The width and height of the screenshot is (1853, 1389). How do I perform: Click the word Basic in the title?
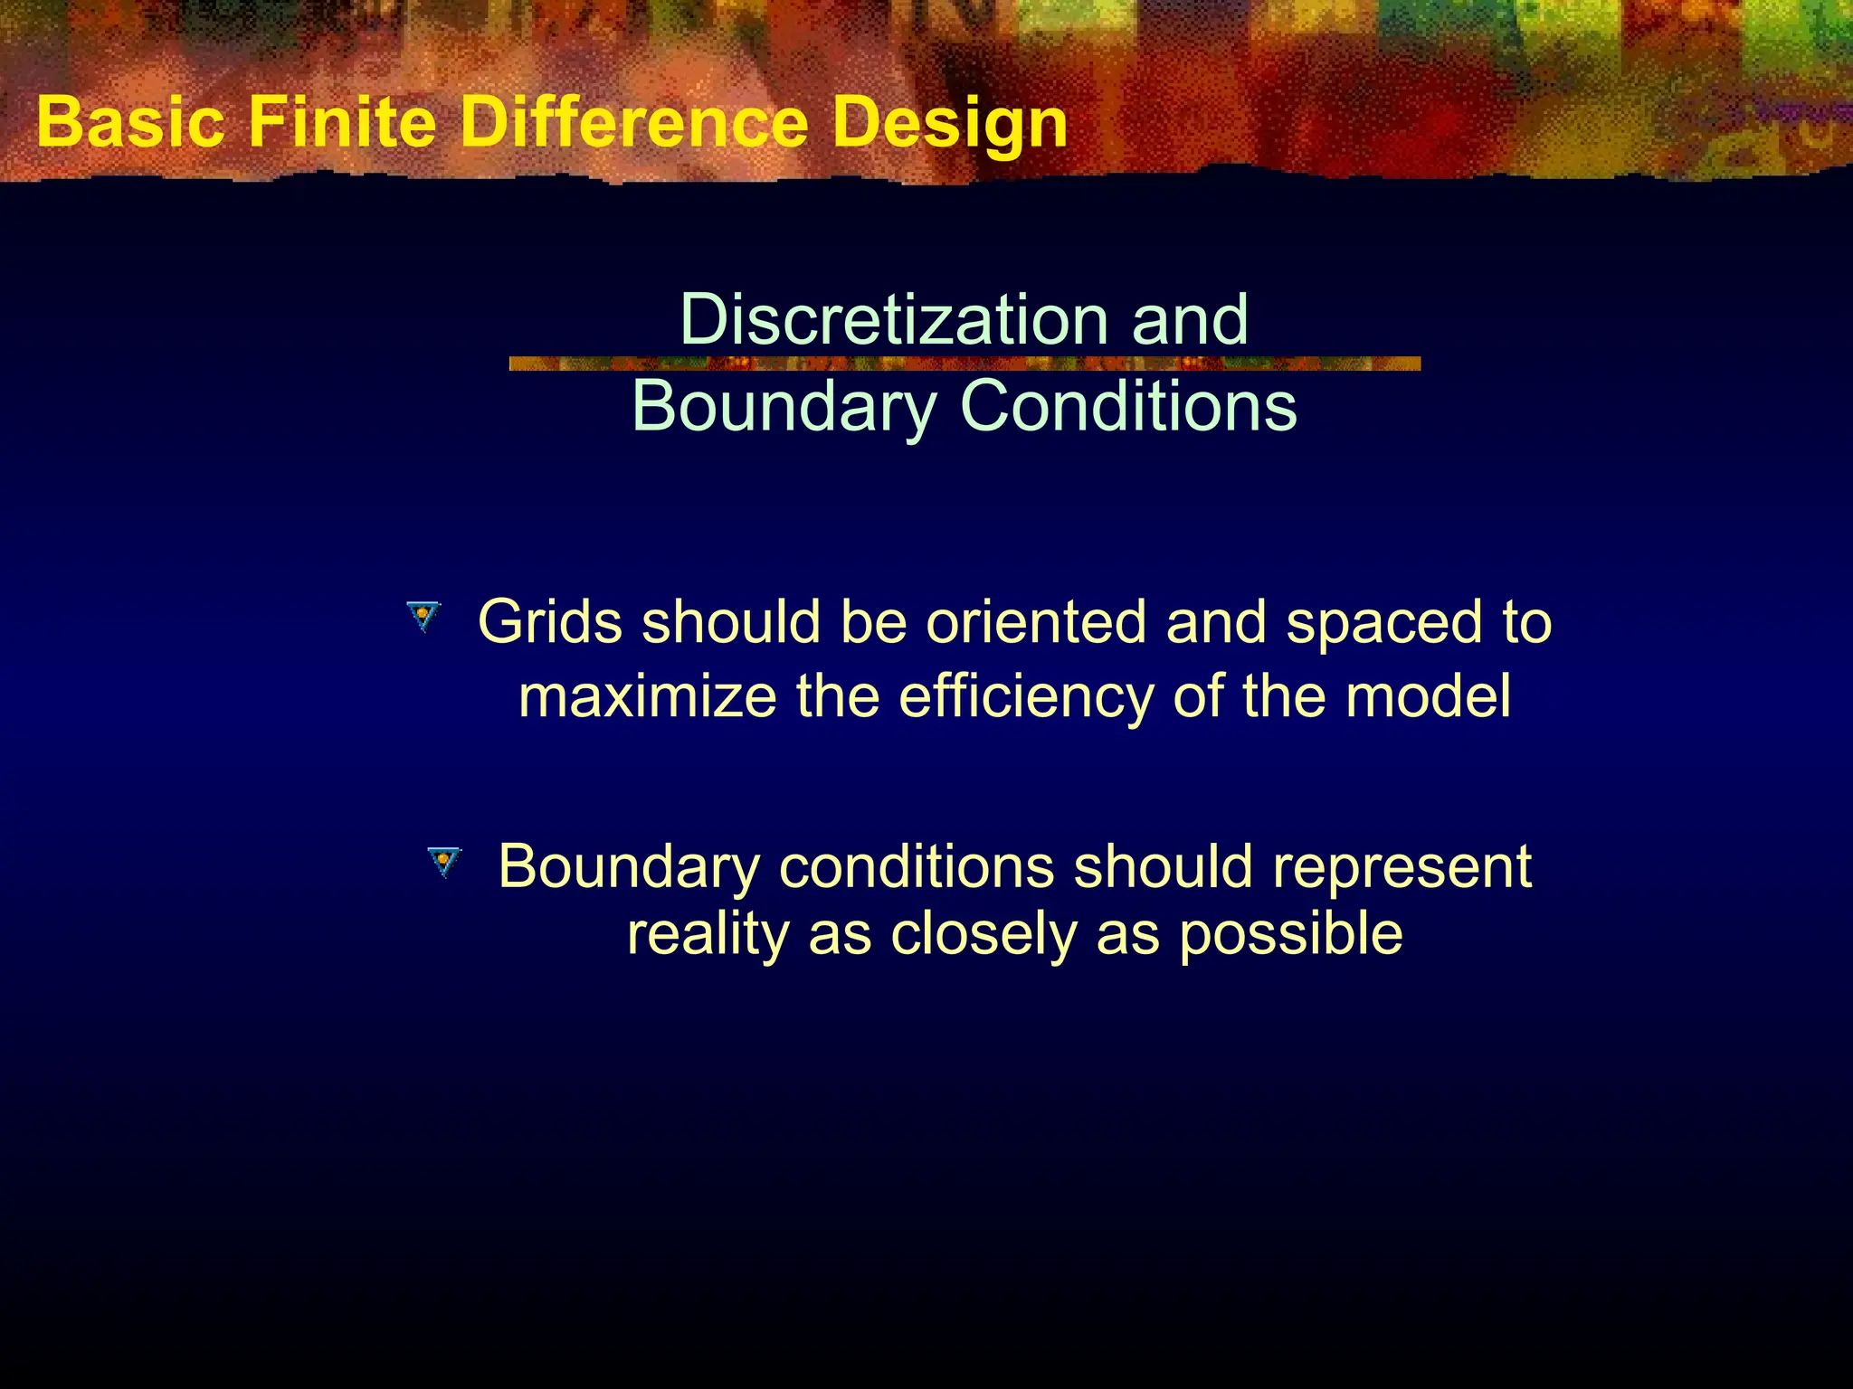pyautogui.click(x=130, y=123)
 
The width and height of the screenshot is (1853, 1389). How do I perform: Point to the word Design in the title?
pyautogui.click(x=950, y=125)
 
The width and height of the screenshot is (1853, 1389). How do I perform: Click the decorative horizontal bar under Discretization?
pyautogui.click(x=965, y=364)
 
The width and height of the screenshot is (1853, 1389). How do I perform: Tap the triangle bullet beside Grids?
pyautogui.click(x=423, y=618)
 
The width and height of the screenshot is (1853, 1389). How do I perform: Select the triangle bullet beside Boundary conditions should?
pyautogui.click(x=443, y=862)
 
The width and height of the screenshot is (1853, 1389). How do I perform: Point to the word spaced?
pyautogui.click(x=1384, y=624)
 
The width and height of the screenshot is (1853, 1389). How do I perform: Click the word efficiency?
pyautogui.click(x=1026, y=698)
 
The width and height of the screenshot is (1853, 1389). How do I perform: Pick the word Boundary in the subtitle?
pyautogui.click(x=784, y=406)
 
